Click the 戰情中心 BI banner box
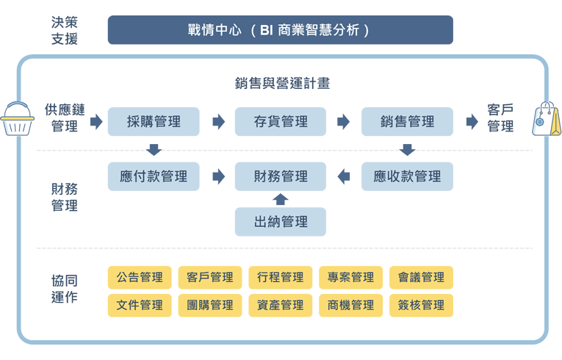coord(280,31)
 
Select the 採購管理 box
coord(153,121)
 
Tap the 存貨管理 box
coord(280,121)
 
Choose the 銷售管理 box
coord(407,121)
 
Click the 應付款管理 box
coord(153,176)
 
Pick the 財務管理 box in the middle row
coord(280,176)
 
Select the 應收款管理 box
coord(407,176)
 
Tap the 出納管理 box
coord(280,221)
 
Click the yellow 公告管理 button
coord(140,277)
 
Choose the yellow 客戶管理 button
coord(210,277)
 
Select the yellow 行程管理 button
coord(280,277)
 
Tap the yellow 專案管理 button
coord(350,277)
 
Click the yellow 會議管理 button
coord(421,277)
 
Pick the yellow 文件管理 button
coord(140,305)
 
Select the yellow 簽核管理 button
coord(421,305)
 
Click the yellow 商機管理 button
coord(350,305)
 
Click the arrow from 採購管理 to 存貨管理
coord(217,121)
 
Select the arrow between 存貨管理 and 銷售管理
coord(343,121)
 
